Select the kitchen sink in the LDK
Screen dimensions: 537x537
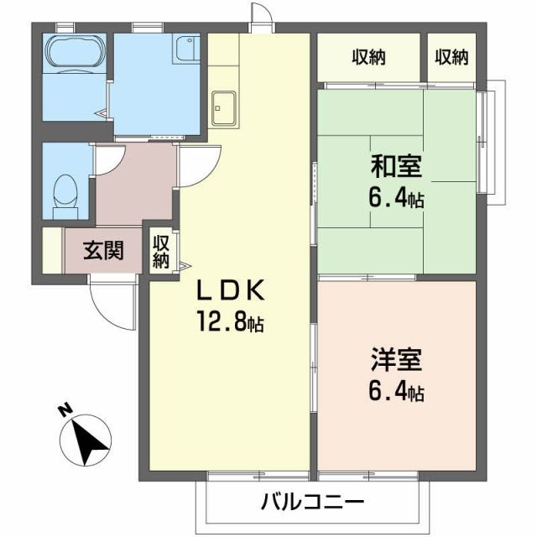pyautogui.click(x=224, y=107)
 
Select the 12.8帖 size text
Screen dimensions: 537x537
pyautogui.click(x=230, y=321)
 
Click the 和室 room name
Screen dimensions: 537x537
pyautogui.click(x=396, y=166)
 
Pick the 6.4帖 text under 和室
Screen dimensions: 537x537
pyautogui.click(x=396, y=198)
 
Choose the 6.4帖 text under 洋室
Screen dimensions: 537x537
pyautogui.click(x=396, y=391)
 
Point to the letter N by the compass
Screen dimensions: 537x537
pyautogui.click(x=63, y=410)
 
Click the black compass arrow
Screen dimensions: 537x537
pyautogui.click(x=89, y=441)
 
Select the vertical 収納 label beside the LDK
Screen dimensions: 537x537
pyautogui.click(x=161, y=250)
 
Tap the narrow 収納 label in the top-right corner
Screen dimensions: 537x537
pyautogui.click(x=451, y=58)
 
